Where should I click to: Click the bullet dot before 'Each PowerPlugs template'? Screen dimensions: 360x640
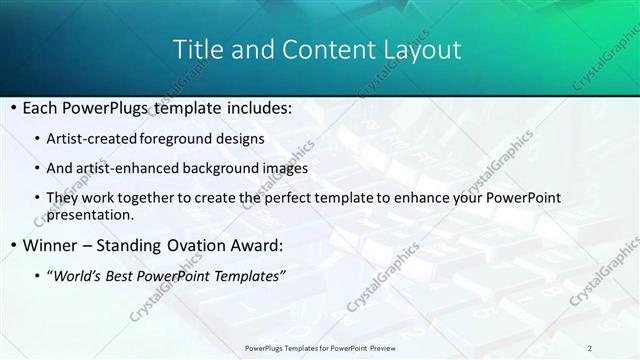11,107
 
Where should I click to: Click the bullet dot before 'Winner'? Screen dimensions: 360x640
11,244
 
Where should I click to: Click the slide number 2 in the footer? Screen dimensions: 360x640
590,348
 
